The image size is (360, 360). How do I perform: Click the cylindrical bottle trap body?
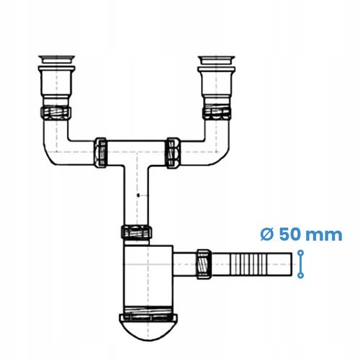(x=145, y=277)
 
